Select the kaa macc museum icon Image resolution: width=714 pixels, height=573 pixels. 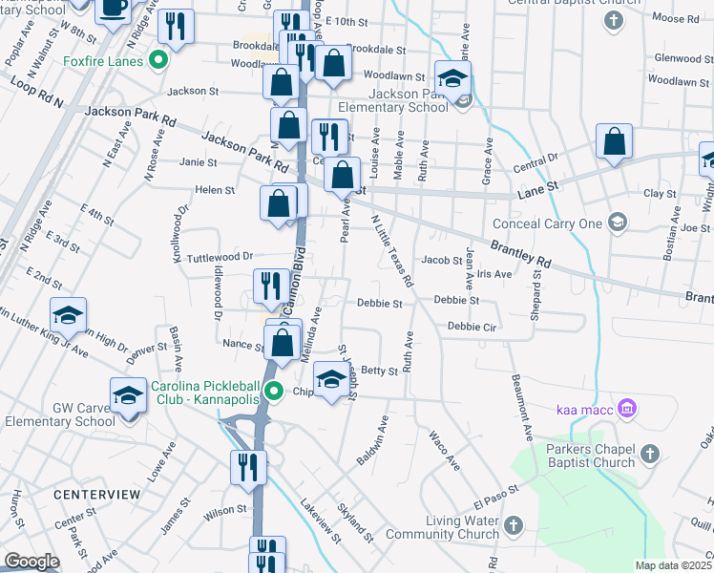click(627, 410)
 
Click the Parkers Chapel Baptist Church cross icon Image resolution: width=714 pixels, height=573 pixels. click(648, 453)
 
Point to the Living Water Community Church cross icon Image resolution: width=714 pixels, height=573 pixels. click(514, 524)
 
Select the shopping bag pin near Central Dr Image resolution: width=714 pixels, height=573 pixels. click(614, 142)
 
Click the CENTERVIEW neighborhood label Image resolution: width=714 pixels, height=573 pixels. click(96, 495)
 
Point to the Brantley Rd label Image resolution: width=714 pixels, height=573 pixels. click(523, 254)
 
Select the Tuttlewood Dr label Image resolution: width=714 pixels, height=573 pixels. click(219, 257)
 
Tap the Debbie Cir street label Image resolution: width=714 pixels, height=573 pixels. click(474, 326)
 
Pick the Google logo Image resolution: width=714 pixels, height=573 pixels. click(31, 562)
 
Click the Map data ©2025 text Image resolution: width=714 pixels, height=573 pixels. click(673, 565)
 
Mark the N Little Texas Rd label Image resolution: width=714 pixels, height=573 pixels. click(392, 250)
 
